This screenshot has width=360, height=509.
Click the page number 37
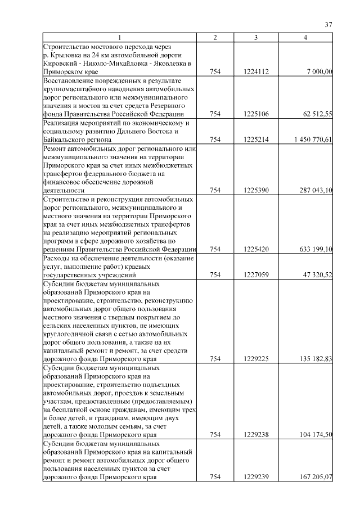tap(329, 25)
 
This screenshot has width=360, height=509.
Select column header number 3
tap(256, 37)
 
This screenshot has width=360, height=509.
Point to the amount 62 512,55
tap(318, 114)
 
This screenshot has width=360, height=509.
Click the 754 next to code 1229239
tap(215, 477)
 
